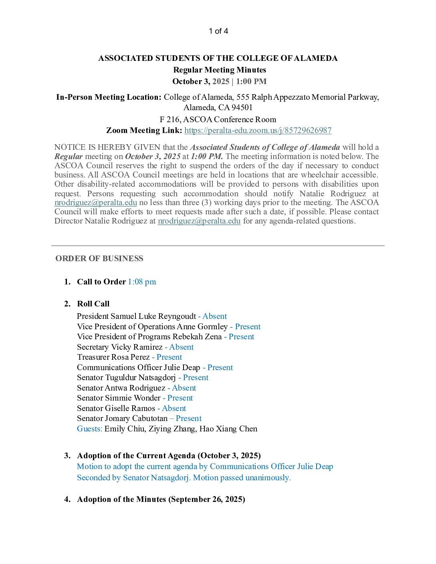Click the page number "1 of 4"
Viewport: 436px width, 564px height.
[218, 31]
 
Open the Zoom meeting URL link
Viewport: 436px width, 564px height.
[258, 131]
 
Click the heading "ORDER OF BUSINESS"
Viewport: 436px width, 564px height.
[99, 259]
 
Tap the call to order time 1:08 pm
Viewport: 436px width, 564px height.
[142, 282]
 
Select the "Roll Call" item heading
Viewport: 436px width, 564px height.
[93, 304]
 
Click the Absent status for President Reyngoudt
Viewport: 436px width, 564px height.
[214, 316]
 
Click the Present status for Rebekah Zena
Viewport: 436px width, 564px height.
[241, 337]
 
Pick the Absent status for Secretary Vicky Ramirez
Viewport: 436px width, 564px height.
[181, 347]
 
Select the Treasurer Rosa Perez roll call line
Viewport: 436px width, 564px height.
[129, 357]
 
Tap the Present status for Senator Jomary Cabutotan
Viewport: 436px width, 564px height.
[188, 419]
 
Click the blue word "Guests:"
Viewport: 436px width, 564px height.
[89, 429]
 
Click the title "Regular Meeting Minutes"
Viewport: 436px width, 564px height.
[220, 70]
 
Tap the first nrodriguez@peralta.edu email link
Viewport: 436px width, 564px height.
[95, 203]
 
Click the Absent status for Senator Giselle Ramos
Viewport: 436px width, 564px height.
[174, 409]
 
